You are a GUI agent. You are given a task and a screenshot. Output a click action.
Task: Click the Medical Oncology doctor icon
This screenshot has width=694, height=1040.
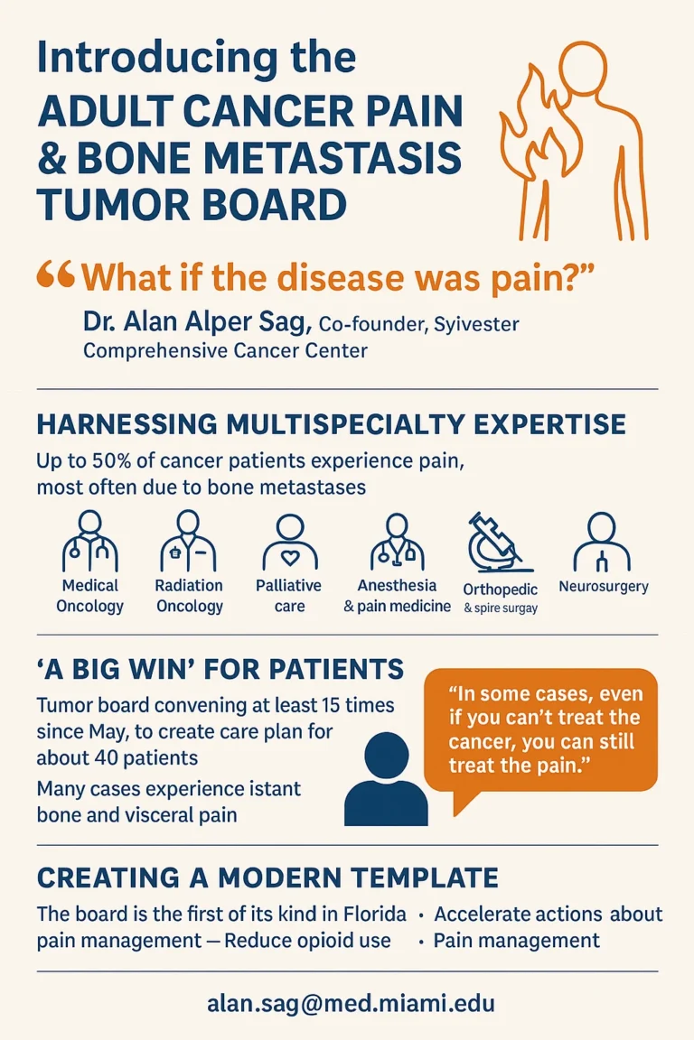click(90, 542)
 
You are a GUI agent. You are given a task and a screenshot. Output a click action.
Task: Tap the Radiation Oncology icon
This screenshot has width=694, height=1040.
click(189, 542)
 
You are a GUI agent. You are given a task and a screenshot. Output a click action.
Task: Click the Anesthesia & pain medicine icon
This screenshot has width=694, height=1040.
click(397, 541)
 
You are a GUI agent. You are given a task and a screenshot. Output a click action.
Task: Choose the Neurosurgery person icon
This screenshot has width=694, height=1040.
click(602, 542)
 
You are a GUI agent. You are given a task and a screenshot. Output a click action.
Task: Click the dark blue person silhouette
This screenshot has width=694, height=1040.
click(386, 779)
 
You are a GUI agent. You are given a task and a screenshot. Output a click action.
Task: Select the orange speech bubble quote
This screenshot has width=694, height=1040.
click(540, 737)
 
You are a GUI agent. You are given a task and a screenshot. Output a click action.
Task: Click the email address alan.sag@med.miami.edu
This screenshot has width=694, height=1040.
click(351, 1003)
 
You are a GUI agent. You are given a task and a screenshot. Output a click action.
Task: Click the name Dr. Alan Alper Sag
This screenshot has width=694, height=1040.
click(197, 321)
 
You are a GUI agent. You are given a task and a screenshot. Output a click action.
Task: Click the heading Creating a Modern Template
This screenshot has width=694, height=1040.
click(267, 877)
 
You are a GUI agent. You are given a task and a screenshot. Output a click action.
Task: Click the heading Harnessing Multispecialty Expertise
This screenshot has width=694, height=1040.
click(332, 424)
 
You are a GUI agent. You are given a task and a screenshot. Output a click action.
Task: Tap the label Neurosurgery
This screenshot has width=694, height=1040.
click(603, 586)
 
